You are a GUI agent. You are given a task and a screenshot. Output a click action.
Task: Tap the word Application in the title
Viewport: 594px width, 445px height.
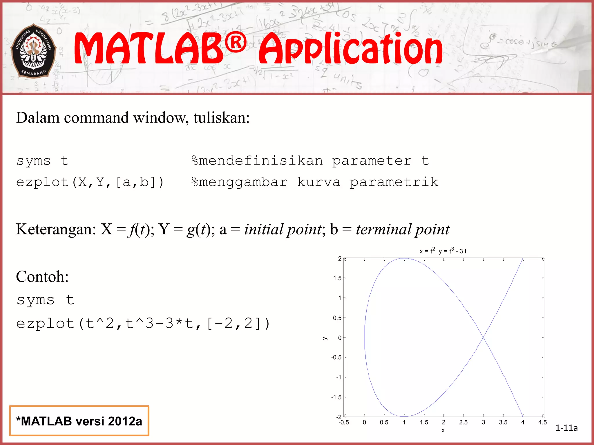pyautogui.click(x=351, y=49)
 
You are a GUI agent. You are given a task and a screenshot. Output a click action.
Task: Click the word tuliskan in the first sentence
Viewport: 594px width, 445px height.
pyautogui.click(x=221, y=118)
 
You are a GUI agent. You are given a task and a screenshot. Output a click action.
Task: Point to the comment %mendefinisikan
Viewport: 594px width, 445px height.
pyautogui.click(x=257, y=161)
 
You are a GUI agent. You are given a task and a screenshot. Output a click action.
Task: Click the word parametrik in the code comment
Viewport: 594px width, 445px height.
pyautogui.click(x=394, y=182)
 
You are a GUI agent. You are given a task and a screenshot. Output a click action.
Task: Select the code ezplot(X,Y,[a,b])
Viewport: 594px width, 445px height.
pyautogui.click(x=90, y=182)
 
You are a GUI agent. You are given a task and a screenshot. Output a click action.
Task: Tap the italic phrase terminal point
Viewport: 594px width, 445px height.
pyautogui.click(x=403, y=229)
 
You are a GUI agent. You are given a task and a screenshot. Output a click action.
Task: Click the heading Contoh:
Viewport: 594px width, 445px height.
pyautogui.click(x=42, y=276)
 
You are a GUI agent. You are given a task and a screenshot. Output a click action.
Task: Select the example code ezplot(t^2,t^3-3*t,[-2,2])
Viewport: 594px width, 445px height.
pyautogui.click(x=143, y=324)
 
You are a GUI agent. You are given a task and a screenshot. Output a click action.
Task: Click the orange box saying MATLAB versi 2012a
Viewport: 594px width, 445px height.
pyautogui.click(x=79, y=421)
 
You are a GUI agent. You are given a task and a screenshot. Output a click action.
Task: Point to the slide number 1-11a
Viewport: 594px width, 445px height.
pyautogui.click(x=566, y=428)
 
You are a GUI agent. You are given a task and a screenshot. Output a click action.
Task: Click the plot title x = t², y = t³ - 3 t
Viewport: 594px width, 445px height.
pyautogui.click(x=443, y=251)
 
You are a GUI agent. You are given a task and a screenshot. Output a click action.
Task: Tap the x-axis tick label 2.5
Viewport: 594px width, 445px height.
pyautogui.click(x=463, y=422)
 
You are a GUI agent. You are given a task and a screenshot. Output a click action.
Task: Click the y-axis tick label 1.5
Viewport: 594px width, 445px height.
pyautogui.click(x=337, y=278)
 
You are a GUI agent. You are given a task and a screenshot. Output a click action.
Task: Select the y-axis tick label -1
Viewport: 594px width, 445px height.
pyautogui.click(x=338, y=377)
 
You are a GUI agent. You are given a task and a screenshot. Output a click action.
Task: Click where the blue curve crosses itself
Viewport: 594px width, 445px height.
pyautogui.click(x=483, y=337)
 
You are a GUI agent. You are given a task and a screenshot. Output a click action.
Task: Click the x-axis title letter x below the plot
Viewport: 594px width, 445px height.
pyautogui.click(x=443, y=431)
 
